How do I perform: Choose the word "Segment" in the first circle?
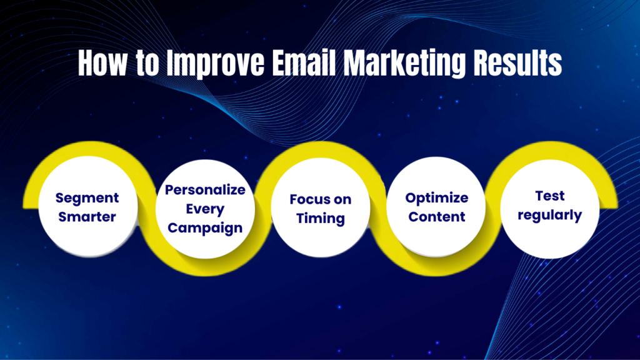pyautogui.click(x=87, y=198)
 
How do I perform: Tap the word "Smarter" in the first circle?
pyautogui.click(x=87, y=217)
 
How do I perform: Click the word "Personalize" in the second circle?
pyautogui.click(x=205, y=189)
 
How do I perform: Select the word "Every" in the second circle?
pyautogui.click(x=205, y=208)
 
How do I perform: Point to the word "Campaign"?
pyautogui.click(x=205, y=227)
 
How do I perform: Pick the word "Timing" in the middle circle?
pyautogui.click(x=321, y=219)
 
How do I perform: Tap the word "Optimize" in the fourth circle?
pyautogui.click(x=436, y=198)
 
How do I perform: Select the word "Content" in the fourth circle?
pyautogui.click(x=436, y=217)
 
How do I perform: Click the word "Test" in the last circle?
pyautogui.click(x=550, y=196)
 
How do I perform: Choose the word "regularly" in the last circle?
pyautogui.click(x=550, y=216)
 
